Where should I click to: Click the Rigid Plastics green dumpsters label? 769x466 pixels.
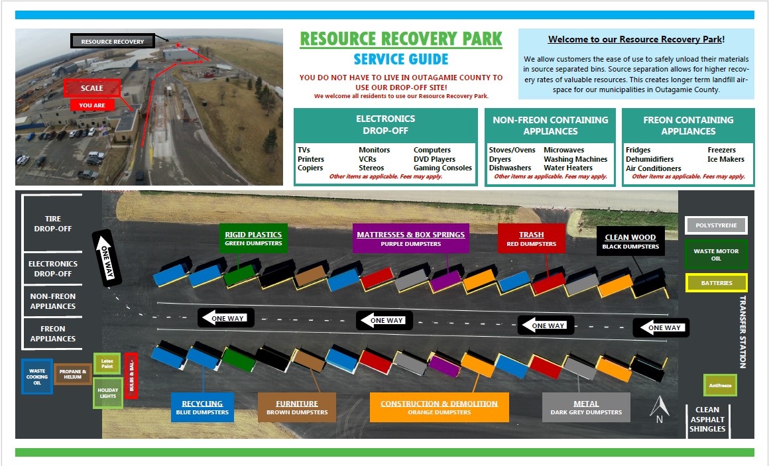(x=253, y=239)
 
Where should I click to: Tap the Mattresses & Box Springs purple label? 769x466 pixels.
(x=410, y=239)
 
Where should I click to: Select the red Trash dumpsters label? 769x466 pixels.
(x=531, y=239)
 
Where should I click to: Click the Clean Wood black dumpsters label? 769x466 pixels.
(x=630, y=241)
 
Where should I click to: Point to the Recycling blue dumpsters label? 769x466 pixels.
(x=202, y=407)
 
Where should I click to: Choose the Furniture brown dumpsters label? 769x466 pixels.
(x=296, y=407)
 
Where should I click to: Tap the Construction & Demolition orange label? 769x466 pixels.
(x=439, y=407)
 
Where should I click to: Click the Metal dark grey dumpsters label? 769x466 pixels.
(x=586, y=407)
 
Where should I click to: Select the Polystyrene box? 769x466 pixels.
(x=716, y=225)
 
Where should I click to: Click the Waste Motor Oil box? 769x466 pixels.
(x=716, y=255)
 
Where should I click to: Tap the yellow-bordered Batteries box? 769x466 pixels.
(x=716, y=283)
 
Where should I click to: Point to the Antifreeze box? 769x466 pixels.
(x=720, y=385)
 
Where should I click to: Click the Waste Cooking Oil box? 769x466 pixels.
(x=37, y=377)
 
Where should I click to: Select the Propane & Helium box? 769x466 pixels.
(x=73, y=375)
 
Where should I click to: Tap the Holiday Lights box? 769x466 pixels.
(x=107, y=393)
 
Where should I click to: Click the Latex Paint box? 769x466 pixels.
(x=107, y=363)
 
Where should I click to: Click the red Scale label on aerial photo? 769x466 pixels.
(x=92, y=88)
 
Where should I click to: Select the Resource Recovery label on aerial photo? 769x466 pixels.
(x=113, y=41)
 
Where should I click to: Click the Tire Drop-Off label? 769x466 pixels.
(x=53, y=223)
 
